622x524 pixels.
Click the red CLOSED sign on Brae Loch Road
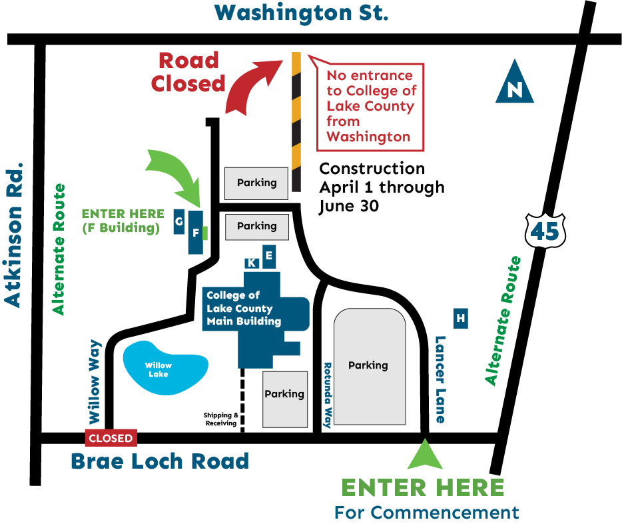pyautogui.click(x=111, y=438)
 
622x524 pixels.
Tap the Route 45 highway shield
pyautogui.click(x=545, y=231)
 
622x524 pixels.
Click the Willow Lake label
pyautogui.click(x=158, y=369)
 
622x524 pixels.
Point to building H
pyautogui.click(x=460, y=319)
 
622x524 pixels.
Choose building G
pyautogui.click(x=178, y=221)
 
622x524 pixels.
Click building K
pyautogui.click(x=252, y=263)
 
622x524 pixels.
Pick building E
pyautogui.click(x=269, y=255)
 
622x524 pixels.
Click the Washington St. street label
pyautogui.click(x=302, y=12)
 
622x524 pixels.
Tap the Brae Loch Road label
pyautogui.click(x=160, y=461)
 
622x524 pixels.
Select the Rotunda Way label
pyautogui.click(x=327, y=395)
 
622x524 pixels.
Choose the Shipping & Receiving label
pyautogui.click(x=220, y=419)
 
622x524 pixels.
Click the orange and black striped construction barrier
pyautogui.click(x=296, y=121)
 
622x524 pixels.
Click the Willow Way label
pyautogui.click(x=95, y=381)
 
